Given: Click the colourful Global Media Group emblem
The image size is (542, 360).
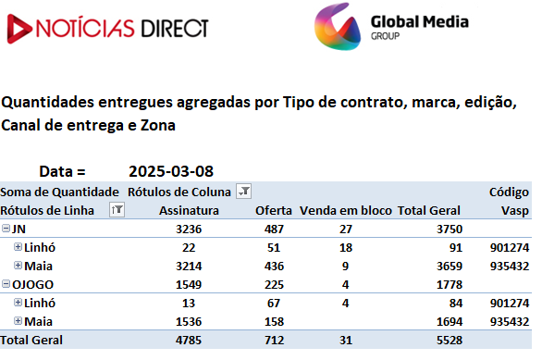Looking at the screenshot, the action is click(x=338, y=27).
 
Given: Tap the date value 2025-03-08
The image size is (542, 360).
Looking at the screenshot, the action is click(x=171, y=171).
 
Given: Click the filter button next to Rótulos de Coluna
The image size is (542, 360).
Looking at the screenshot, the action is click(x=243, y=192).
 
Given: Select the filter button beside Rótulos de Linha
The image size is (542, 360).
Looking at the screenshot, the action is click(x=117, y=209).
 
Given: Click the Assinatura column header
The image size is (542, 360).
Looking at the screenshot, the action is click(x=189, y=211).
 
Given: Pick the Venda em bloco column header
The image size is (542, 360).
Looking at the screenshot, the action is click(x=346, y=211).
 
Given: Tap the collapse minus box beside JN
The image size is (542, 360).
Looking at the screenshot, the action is click(x=6, y=228).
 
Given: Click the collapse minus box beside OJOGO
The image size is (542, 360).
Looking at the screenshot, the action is click(x=6, y=283).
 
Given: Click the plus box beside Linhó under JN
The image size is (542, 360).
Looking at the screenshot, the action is click(x=18, y=246).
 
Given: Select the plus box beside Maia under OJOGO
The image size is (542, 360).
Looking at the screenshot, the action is click(x=18, y=320).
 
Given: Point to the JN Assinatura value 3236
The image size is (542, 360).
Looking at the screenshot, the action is click(x=189, y=229).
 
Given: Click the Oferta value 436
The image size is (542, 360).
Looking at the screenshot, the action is click(x=274, y=266).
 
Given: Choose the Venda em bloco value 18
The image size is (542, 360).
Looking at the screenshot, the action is click(x=346, y=248).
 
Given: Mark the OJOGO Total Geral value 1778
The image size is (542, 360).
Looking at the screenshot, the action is click(x=450, y=285).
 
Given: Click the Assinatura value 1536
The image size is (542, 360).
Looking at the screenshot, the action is click(x=189, y=322).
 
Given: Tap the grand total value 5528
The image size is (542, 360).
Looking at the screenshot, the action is click(x=450, y=341).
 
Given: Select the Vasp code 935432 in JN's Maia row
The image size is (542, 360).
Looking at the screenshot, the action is click(x=510, y=266).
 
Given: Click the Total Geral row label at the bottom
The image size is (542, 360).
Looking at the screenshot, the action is click(x=31, y=341).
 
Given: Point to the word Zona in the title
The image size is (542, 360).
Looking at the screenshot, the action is click(x=158, y=125).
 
